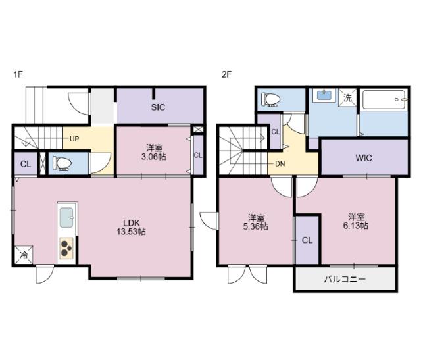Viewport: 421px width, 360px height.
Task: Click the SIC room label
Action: (x=158, y=107)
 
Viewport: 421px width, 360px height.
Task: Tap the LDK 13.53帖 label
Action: (x=132, y=227)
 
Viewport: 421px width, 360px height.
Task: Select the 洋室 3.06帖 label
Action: (x=153, y=152)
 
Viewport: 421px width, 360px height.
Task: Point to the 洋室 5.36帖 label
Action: (x=256, y=222)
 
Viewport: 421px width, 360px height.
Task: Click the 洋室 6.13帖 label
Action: (x=356, y=221)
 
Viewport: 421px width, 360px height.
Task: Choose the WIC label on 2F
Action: (x=364, y=158)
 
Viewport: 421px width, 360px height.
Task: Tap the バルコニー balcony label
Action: (x=345, y=280)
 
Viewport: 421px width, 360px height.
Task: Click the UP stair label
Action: (x=74, y=139)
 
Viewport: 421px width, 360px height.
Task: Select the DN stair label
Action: (x=280, y=164)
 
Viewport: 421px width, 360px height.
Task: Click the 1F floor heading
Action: (x=18, y=74)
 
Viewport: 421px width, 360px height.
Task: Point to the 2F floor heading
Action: (x=226, y=74)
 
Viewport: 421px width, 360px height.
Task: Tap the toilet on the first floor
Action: (x=62, y=163)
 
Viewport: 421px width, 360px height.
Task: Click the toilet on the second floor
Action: (x=271, y=99)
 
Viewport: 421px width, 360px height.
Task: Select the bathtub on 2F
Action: (x=384, y=99)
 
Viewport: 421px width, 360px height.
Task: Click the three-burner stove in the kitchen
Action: (x=66, y=248)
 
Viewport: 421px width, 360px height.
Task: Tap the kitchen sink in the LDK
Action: (x=66, y=217)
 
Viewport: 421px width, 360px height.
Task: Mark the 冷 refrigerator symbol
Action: (x=24, y=255)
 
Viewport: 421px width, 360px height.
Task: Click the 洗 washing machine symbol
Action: (x=347, y=97)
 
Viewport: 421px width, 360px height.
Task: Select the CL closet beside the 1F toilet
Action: (x=26, y=164)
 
